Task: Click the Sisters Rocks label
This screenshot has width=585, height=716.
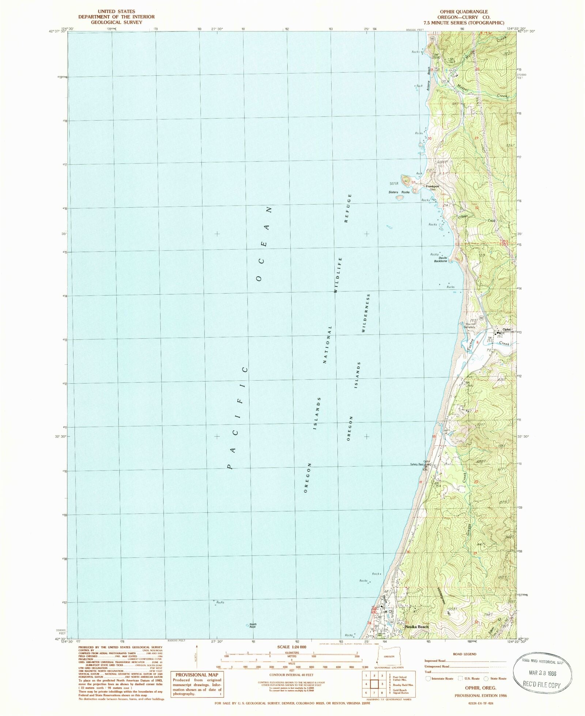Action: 399,192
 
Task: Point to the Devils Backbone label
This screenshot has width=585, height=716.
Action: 441,259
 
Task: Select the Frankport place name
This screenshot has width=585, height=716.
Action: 432,186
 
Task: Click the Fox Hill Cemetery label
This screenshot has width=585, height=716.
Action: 470,325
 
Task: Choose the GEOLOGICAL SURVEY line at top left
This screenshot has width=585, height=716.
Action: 116,22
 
